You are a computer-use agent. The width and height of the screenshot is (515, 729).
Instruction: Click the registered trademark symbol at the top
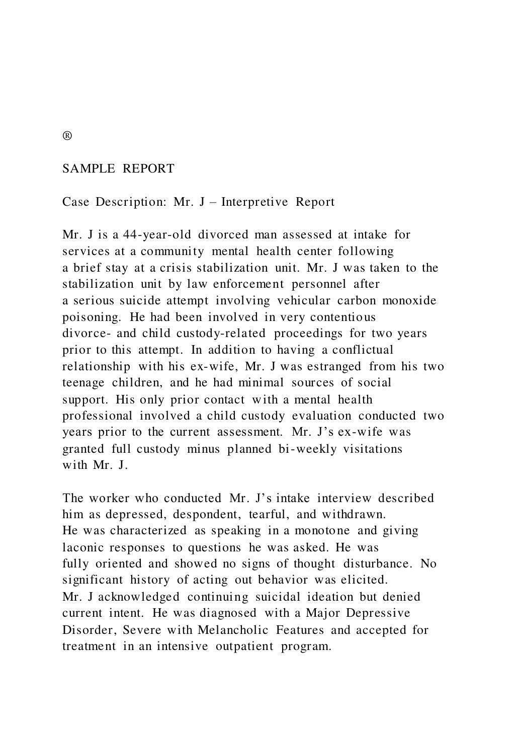click(x=67, y=136)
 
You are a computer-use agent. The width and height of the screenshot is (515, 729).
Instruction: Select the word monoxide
click(x=409, y=301)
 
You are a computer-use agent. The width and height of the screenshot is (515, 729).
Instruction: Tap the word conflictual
click(x=363, y=350)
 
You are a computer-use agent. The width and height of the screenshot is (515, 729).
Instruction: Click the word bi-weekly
click(x=307, y=449)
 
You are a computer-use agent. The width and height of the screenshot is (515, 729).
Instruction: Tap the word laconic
click(x=81, y=547)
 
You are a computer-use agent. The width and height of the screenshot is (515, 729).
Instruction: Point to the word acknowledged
click(x=139, y=597)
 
